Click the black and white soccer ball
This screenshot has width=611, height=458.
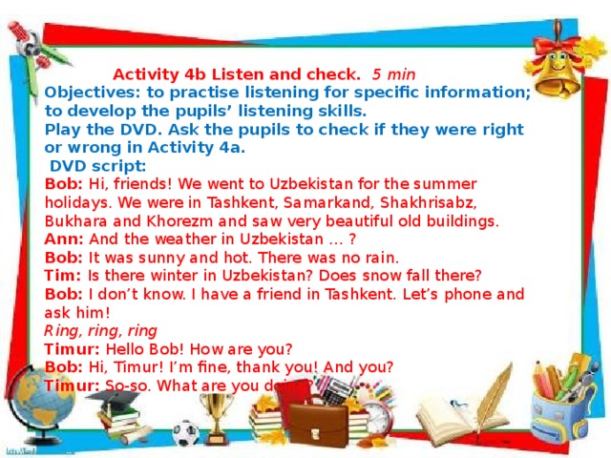click(184, 434)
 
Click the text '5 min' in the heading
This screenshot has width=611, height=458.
click(393, 73)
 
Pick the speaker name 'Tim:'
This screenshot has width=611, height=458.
click(63, 275)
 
